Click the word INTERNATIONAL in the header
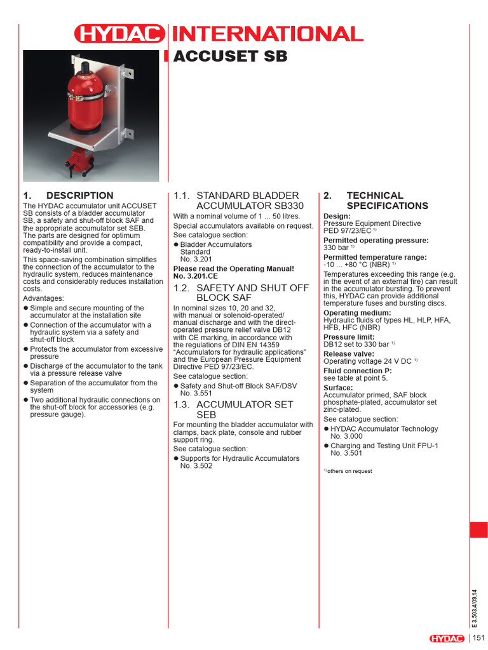[267, 34]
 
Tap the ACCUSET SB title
[230, 56]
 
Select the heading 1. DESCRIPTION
[68, 196]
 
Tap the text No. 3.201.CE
[196, 277]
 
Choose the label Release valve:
[349, 354]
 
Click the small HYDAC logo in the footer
[447, 639]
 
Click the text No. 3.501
[347, 453]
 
